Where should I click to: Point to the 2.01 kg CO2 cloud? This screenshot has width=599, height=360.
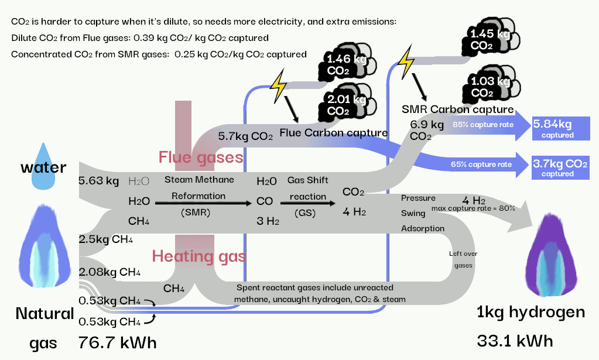click(x=342, y=104)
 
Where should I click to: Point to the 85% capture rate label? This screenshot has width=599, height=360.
click(x=483, y=125)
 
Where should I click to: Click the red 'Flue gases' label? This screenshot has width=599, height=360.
click(x=201, y=157)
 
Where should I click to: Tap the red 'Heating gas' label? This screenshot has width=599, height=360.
click(x=199, y=256)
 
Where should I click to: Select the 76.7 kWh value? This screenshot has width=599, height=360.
click(x=118, y=342)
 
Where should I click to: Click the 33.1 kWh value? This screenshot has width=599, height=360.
click(x=515, y=340)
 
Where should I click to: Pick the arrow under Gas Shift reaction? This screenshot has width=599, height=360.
click(x=307, y=203)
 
